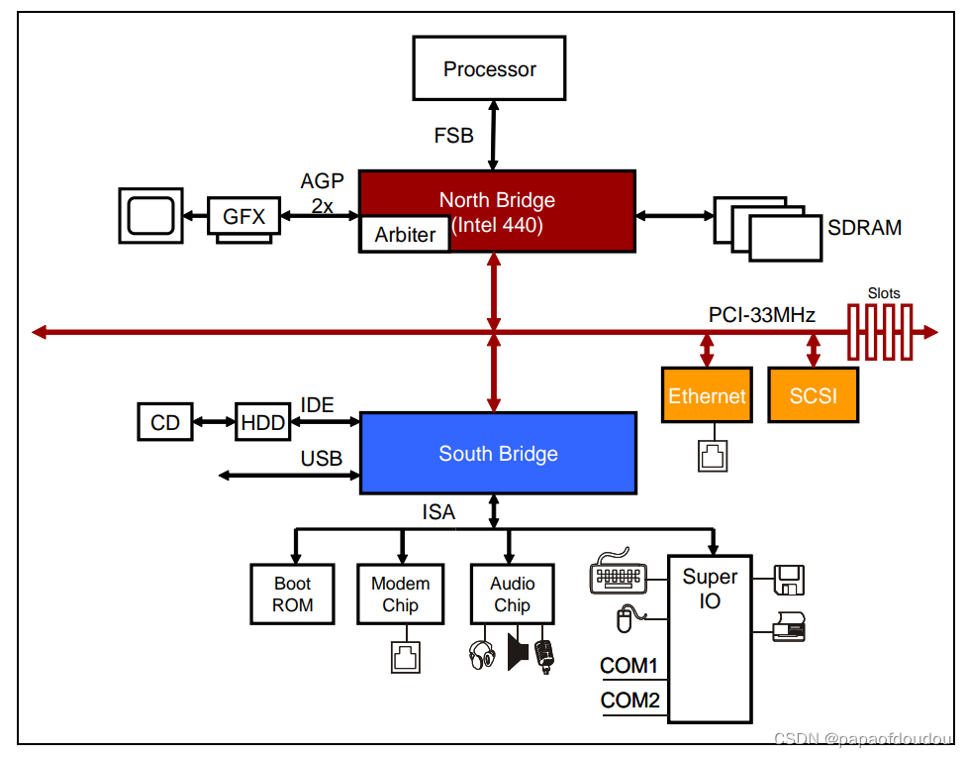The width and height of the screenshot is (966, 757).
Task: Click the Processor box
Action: tap(489, 67)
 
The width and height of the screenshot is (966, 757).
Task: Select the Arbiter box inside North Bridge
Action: tap(405, 234)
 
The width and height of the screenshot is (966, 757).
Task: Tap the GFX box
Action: tap(243, 216)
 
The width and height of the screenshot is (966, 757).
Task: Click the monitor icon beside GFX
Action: tap(150, 215)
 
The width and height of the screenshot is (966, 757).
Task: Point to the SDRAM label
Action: tap(864, 228)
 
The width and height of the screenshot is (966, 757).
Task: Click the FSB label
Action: tap(453, 135)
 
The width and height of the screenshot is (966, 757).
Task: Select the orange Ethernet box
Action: tap(708, 395)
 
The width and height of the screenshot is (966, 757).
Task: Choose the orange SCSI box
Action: tap(814, 395)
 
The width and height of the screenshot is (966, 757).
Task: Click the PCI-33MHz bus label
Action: tap(761, 315)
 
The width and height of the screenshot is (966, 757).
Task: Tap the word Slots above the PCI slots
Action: tap(884, 293)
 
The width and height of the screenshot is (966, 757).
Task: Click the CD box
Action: tap(165, 422)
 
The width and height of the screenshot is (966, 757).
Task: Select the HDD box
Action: tap(263, 422)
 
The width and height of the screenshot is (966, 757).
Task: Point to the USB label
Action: tap(321, 459)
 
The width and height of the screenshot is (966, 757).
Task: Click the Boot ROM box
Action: tap(293, 595)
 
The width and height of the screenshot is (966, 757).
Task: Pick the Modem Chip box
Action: tap(401, 595)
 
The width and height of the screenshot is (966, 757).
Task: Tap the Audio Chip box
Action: tap(512, 595)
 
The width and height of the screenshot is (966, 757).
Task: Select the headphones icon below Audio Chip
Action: tap(482, 655)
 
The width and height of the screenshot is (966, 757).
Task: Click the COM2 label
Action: tap(629, 701)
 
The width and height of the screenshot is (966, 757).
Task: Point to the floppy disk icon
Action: tap(789, 580)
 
